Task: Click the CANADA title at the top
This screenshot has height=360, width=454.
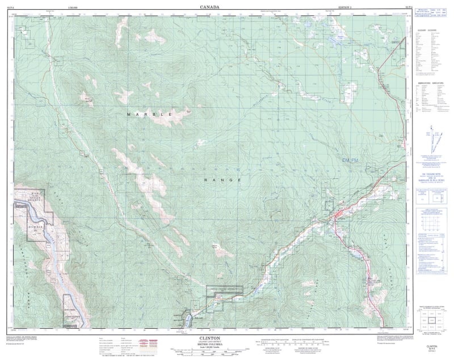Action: click(209, 7)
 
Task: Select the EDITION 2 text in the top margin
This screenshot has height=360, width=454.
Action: click(340, 7)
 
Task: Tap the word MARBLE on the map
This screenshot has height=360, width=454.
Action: click(149, 114)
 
